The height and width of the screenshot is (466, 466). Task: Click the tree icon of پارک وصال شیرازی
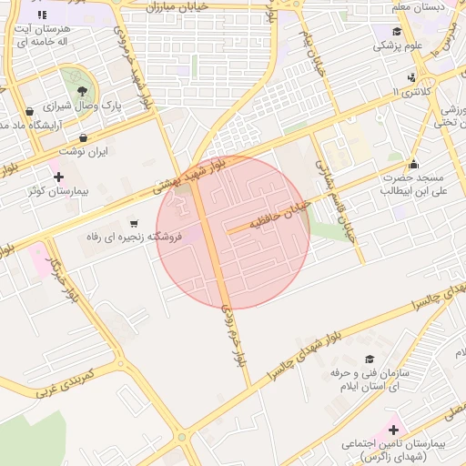pyautogui.click(x=83, y=91)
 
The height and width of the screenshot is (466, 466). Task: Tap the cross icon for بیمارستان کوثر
pyautogui.click(x=59, y=176)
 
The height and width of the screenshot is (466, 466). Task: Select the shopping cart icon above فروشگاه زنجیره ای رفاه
pyautogui.click(x=135, y=223)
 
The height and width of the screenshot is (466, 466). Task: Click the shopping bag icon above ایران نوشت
pyautogui.click(x=83, y=138)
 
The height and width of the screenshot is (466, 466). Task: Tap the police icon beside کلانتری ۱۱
pyautogui.click(x=412, y=77)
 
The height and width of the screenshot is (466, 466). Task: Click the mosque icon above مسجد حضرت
pyautogui.click(x=414, y=165)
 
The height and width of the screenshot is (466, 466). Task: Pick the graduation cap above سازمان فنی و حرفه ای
pyautogui.click(x=370, y=360)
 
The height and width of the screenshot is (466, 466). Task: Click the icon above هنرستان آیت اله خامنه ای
pyautogui.click(x=42, y=15)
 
